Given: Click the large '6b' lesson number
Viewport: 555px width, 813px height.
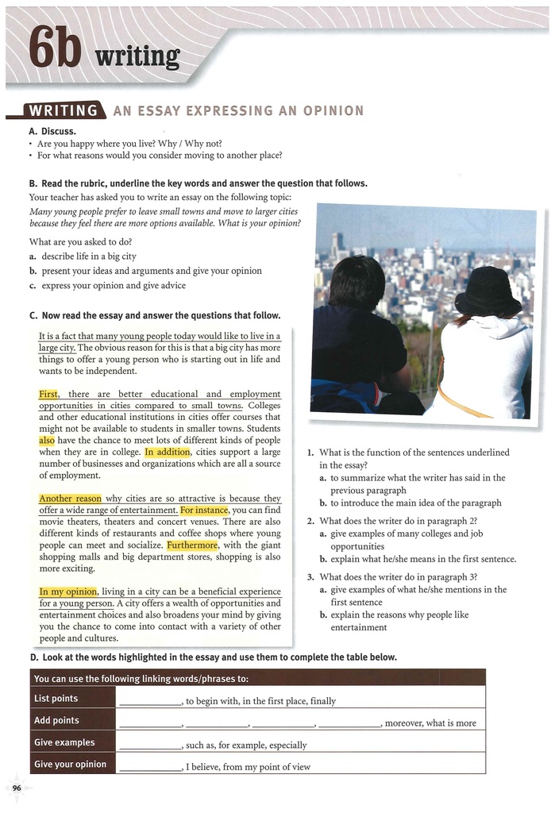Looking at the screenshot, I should click(x=56, y=49).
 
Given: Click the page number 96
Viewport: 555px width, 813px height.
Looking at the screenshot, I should click(x=17, y=786).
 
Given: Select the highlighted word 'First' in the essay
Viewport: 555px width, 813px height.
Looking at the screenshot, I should click(x=48, y=394).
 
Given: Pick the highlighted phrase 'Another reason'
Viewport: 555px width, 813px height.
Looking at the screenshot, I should click(x=71, y=499).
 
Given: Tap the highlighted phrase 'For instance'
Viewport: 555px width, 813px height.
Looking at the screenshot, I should click(x=204, y=510).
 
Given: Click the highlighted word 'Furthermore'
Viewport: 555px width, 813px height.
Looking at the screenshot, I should click(x=192, y=546).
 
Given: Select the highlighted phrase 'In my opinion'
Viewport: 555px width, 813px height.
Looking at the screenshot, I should click(x=68, y=591).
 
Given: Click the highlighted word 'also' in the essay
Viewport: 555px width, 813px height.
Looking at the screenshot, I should click(x=47, y=440).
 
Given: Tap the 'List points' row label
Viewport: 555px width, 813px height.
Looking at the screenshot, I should click(x=56, y=699).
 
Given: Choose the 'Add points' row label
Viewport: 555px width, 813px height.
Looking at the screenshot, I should click(x=57, y=721).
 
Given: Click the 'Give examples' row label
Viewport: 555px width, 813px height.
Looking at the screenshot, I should click(x=64, y=743).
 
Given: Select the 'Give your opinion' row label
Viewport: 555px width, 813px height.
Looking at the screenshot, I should click(x=70, y=765).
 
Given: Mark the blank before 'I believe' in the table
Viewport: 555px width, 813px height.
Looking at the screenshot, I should click(x=151, y=768).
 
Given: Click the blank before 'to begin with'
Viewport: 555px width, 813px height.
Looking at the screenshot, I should click(x=151, y=701).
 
